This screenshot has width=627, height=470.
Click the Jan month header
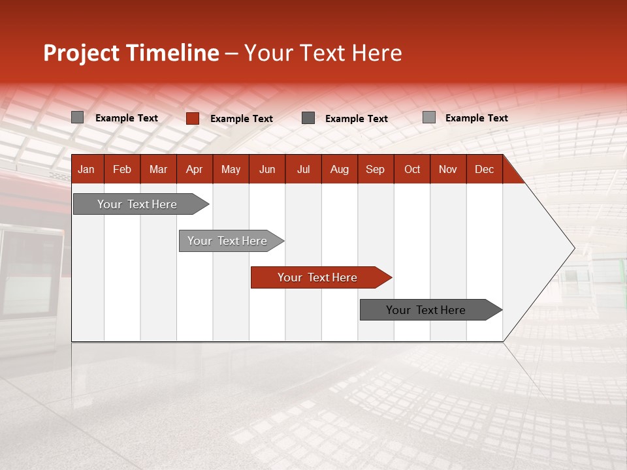(86, 170)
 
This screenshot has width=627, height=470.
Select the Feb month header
(122, 170)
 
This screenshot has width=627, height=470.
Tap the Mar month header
(158, 170)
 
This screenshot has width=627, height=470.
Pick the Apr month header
(194, 170)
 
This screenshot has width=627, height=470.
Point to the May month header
(231, 170)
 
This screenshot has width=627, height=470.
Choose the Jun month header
(267, 170)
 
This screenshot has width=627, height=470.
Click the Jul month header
(303, 170)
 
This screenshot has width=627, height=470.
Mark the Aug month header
(340, 170)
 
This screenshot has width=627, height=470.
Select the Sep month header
(375, 170)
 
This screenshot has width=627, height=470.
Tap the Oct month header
(412, 170)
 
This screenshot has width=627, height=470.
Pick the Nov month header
(448, 170)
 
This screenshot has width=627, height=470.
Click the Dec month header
(484, 170)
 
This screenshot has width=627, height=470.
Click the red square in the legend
(192, 118)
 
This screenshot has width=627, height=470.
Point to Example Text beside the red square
(242, 119)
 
